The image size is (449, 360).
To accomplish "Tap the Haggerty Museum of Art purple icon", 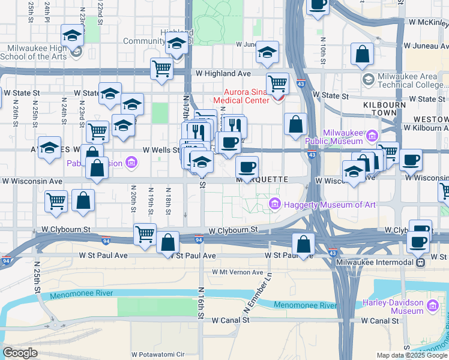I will (276, 205).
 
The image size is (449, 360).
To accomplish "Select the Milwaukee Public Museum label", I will (343, 137).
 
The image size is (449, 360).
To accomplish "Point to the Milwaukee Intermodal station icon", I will (422, 261).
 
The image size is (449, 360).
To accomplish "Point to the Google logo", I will (20, 353).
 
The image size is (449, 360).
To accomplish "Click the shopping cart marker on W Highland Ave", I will (161, 68).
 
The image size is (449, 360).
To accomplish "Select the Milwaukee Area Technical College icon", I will (368, 79).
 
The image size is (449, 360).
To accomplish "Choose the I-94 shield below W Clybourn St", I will (198, 241).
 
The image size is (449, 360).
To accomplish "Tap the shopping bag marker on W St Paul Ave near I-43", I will (304, 244).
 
